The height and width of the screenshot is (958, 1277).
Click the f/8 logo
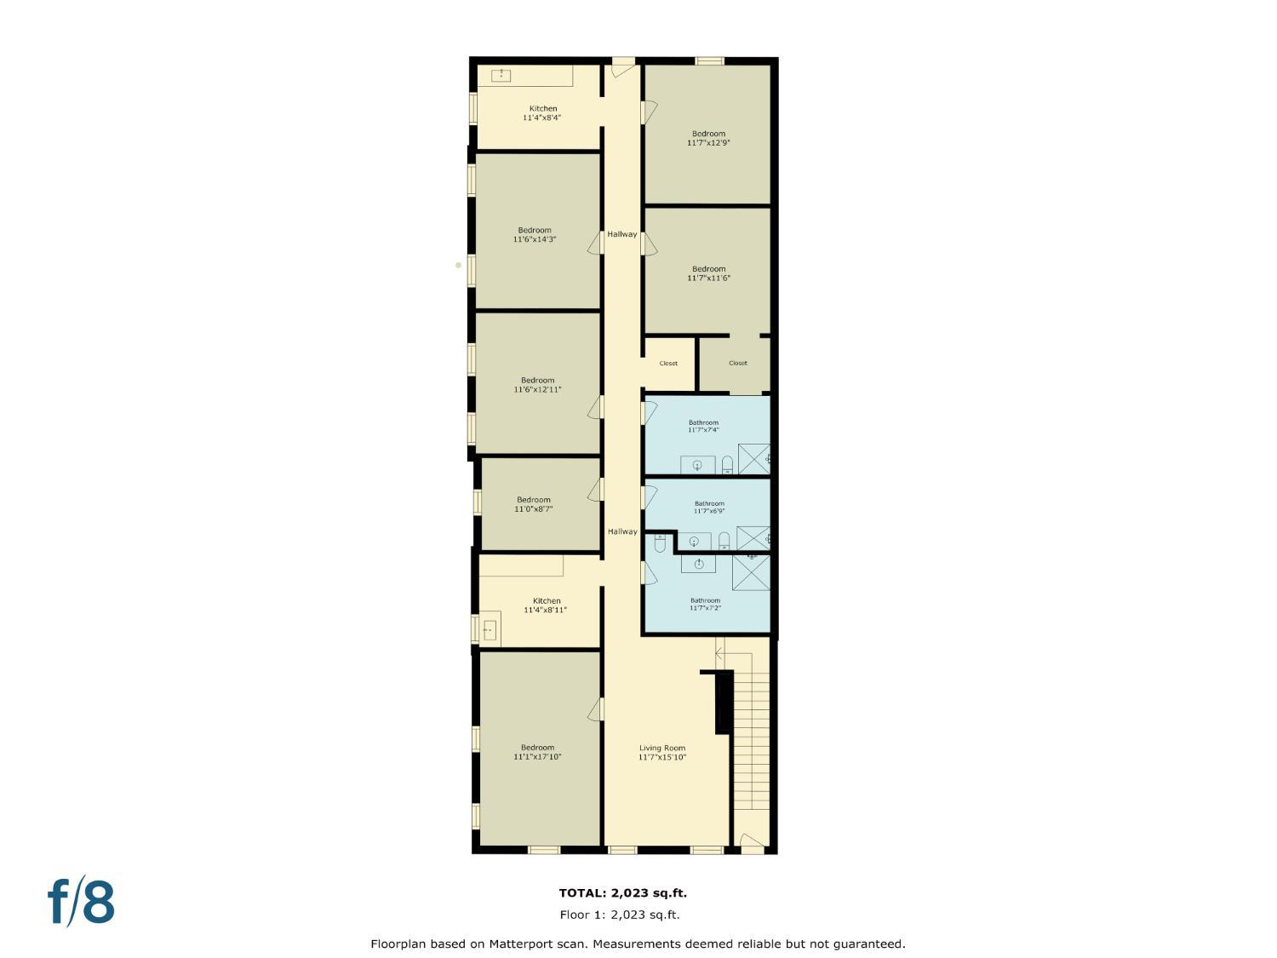click(x=81, y=903)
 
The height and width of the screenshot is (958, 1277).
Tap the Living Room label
click(x=662, y=752)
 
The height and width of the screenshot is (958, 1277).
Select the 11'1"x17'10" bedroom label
click(x=537, y=752)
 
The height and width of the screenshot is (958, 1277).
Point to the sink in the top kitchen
click(x=501, y=76)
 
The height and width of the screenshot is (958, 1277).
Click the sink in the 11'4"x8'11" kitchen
click(x=490, y=630)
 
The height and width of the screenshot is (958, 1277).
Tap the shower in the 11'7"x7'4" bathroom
click(x=753, y=459)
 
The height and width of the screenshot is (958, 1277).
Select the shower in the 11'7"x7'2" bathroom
click(x=751, y=571)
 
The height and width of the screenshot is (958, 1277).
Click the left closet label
click(x=668, y=364)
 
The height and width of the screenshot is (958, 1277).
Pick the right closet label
click(x=738, y=363)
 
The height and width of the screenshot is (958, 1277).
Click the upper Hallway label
click(x=621, y=234)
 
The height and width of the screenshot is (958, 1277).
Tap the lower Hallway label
click(x=621, y=531)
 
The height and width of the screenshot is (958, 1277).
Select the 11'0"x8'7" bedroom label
click(x=534, y=504)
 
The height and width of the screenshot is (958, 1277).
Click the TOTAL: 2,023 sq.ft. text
click(x=622, y=893)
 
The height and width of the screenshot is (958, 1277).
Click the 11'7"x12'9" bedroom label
click(x=708, y=138)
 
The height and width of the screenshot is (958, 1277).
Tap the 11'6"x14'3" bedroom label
click(x=535, y=234)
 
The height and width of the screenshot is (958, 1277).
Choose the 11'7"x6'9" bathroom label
click(x=709, y=507)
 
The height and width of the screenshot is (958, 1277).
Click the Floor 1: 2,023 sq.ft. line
click(x=620, y=915)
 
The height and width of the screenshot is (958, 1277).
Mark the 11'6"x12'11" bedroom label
click(x=537, y=385)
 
